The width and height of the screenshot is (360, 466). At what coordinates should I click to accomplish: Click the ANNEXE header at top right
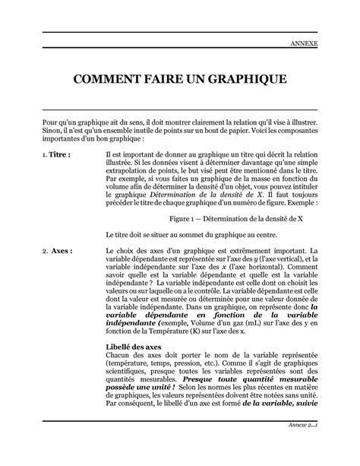(304, 45)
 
